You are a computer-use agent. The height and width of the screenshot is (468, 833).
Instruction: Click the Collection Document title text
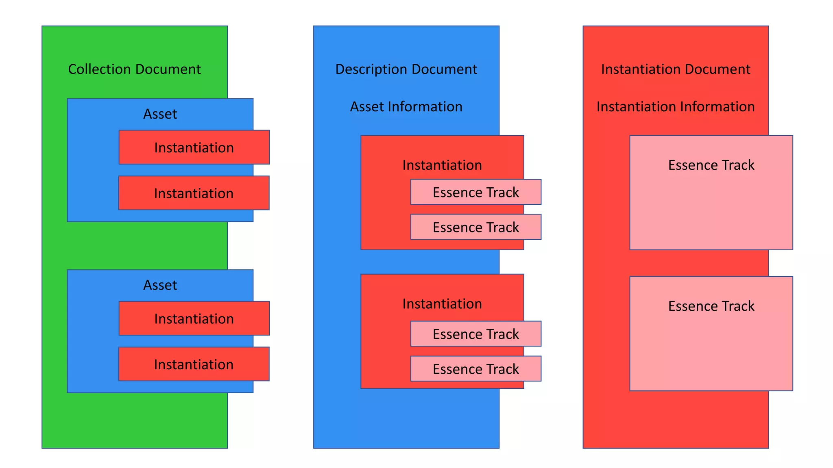134,69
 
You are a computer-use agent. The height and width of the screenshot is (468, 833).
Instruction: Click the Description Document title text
406,69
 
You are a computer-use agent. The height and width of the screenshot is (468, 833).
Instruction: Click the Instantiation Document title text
676,69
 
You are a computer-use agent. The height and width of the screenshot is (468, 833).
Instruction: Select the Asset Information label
406,106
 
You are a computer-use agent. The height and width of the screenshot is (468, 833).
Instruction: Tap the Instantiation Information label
676,106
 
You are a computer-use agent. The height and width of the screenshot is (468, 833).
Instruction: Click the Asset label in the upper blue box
160,114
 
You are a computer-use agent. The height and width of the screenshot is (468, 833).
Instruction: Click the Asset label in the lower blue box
160,285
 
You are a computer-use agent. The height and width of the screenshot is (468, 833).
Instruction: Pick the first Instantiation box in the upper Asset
194,147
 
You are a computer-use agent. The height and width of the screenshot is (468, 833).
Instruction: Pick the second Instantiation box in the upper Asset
194,193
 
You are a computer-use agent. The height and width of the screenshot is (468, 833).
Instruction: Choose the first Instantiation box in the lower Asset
194,318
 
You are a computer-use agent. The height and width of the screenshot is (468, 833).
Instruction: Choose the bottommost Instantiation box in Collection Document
194,364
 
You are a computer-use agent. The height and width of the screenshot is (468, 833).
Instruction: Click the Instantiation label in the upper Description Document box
442,165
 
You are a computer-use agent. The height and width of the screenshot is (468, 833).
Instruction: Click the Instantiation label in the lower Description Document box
442,303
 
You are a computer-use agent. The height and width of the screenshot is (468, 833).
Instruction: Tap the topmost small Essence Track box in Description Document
475,192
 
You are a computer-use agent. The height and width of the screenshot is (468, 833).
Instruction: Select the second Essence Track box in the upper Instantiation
475,227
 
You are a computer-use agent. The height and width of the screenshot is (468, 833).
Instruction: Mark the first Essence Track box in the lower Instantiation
475,334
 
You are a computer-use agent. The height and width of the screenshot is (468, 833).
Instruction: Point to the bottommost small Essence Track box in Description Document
475,368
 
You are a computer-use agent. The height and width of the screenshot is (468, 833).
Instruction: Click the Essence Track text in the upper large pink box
711,165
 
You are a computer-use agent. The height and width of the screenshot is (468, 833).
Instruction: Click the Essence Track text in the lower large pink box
711,306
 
